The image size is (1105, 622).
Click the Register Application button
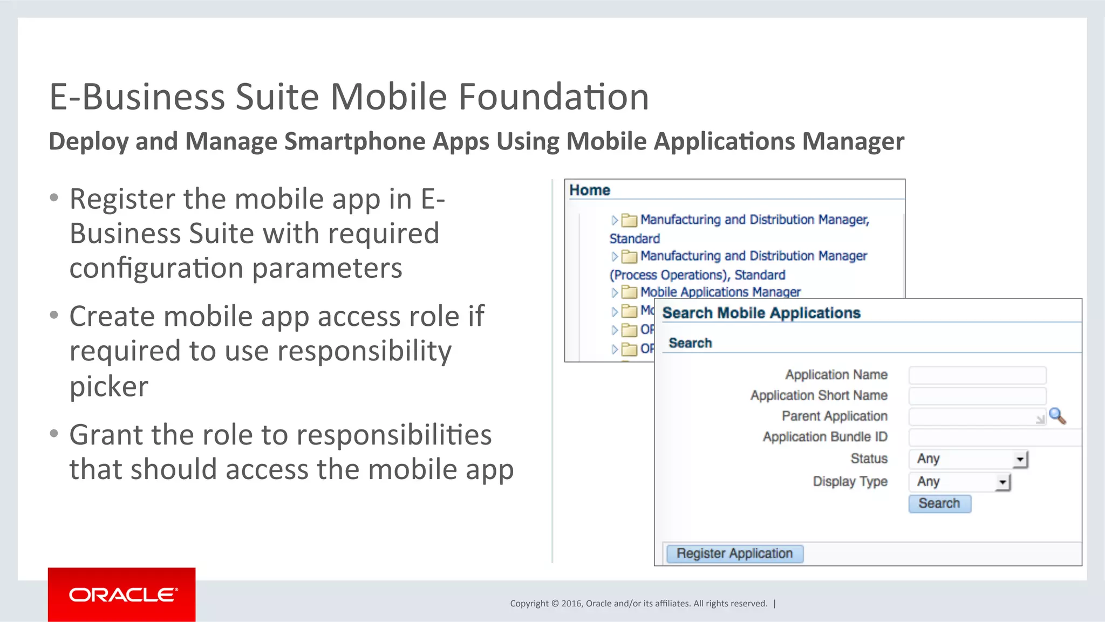[734, 553]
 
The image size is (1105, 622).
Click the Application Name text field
[977, 375]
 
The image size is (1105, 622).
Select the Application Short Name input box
[977, 396]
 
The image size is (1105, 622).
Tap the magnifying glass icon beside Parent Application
[1057, 416]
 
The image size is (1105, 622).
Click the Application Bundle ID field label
[824, 437]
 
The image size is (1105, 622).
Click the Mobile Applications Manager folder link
[720, 292]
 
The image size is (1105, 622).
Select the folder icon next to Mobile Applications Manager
[629, 292]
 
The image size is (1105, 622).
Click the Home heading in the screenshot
[590, 190]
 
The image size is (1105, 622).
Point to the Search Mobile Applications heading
[761, 313]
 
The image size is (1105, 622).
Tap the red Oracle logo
[122, 594]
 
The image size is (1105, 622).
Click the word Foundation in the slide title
[554, 97]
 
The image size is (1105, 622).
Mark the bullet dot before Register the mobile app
[54, 198]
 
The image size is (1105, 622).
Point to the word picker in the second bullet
[109, 386]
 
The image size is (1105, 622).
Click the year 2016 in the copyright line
[571, 604]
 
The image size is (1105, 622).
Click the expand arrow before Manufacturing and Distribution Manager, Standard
[614, 220]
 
